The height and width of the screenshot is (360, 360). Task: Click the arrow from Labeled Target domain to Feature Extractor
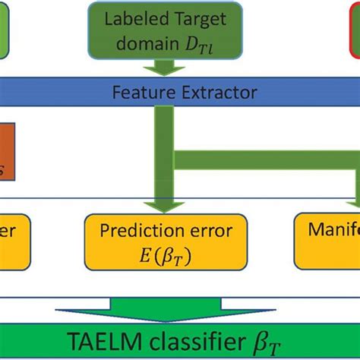pyautogui.click(x=163, y=68)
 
